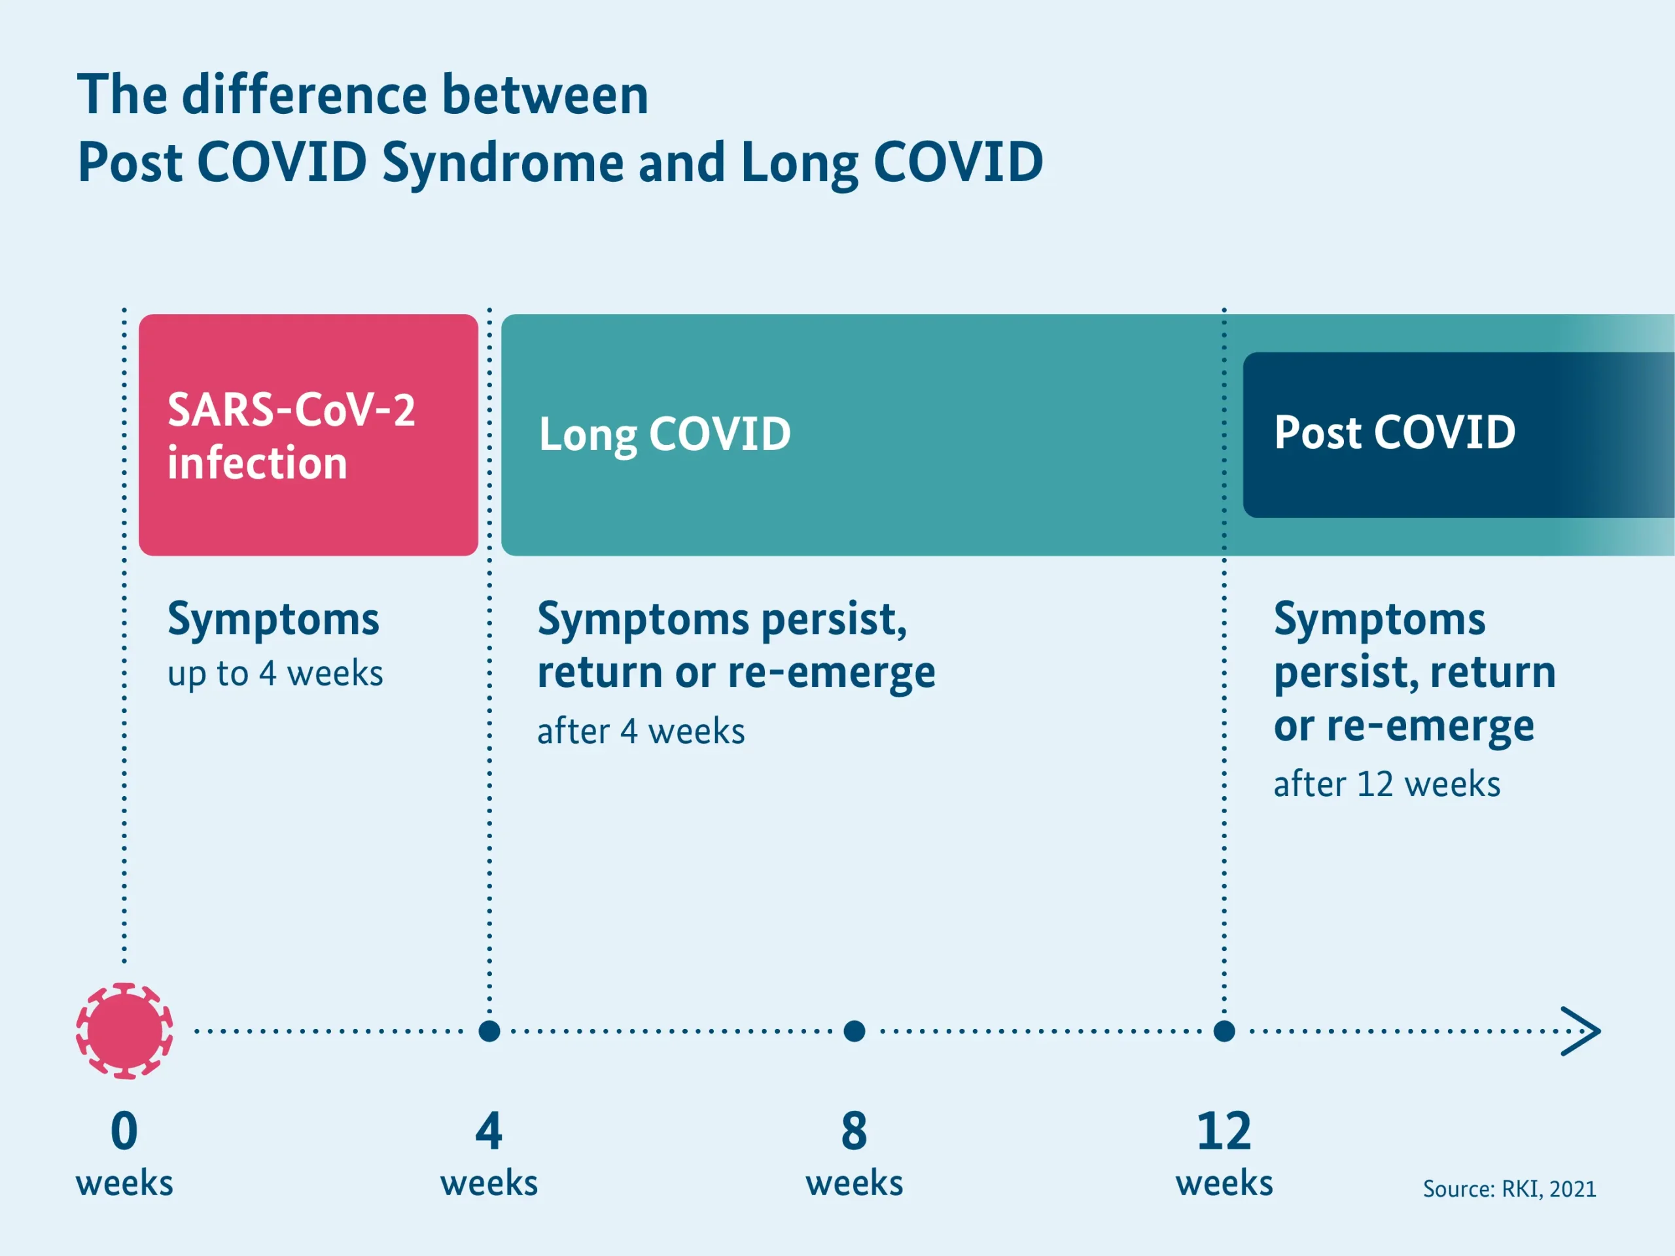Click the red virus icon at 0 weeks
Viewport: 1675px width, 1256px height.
(x=124, y=1030)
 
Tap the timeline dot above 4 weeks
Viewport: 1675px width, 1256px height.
(x=489, y=1030)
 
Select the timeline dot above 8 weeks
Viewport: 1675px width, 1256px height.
(x=854, y=1030)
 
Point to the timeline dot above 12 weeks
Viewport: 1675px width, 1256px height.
(x=1224, y=1030)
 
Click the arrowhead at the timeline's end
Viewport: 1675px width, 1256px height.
(x=1583, y=1030)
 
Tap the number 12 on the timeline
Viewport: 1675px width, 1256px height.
(x=1224, y=1131)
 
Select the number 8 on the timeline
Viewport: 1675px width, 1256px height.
(x=854, y=1131)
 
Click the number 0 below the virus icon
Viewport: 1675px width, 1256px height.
(x=124, y=1131)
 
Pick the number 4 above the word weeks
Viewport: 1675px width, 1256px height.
(x=489, y=1131)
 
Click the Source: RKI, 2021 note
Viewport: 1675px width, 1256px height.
(x=1509, y=1189)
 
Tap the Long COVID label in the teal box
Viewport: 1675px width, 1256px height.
(x=665, y=434)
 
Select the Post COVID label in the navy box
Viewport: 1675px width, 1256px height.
(x=1394, y=432)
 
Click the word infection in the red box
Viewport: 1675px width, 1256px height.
(x=257, y=462)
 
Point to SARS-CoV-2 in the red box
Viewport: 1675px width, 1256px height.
(x=292, y=410)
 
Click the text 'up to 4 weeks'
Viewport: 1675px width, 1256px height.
(x=275, y=673)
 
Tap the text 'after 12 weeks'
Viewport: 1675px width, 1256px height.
(x=1386, y=784)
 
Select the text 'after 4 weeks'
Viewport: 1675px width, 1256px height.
(x=641, y=731)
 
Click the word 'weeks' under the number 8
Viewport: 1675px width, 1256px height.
(x=854, y=1183)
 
